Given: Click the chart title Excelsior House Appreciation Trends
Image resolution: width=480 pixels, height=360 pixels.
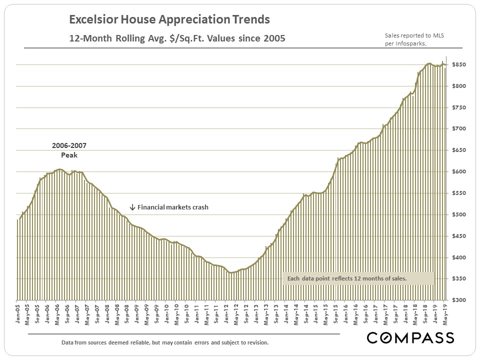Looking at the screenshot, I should pyautogui.click(x=169, y=20).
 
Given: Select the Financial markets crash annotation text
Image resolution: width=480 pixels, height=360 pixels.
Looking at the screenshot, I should pyautogui.click(x=172, y=207).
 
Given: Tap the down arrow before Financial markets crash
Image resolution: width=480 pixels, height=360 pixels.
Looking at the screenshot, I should pyautogui.click(x=132, y=207).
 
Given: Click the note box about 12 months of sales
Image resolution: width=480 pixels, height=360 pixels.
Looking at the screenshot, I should pyautogui.click(x=358, y=278).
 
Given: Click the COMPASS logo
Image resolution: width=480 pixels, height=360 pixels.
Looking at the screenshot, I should pyautogui.click(x=410, y=338).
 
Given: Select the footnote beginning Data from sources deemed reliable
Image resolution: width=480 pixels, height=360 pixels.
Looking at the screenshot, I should pyautogui.click(x=165, y=343).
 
